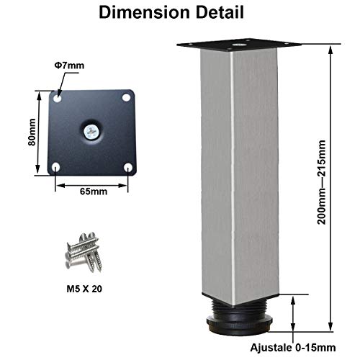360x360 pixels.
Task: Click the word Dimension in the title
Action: click(144, 12)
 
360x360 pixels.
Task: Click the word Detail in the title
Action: click(220, 12)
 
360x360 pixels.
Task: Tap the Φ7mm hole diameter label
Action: click(69, 66)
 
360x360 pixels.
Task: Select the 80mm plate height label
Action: click(32, 132)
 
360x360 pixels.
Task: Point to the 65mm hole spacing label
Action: click(94, 192)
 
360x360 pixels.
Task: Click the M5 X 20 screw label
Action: click(84, 289)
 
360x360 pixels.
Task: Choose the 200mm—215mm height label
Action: click(322, 182)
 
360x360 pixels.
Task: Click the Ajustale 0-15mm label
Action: click(293, 348)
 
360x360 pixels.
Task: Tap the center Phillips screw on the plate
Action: click(91, 132)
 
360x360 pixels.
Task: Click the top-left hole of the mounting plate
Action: click(58, 99)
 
